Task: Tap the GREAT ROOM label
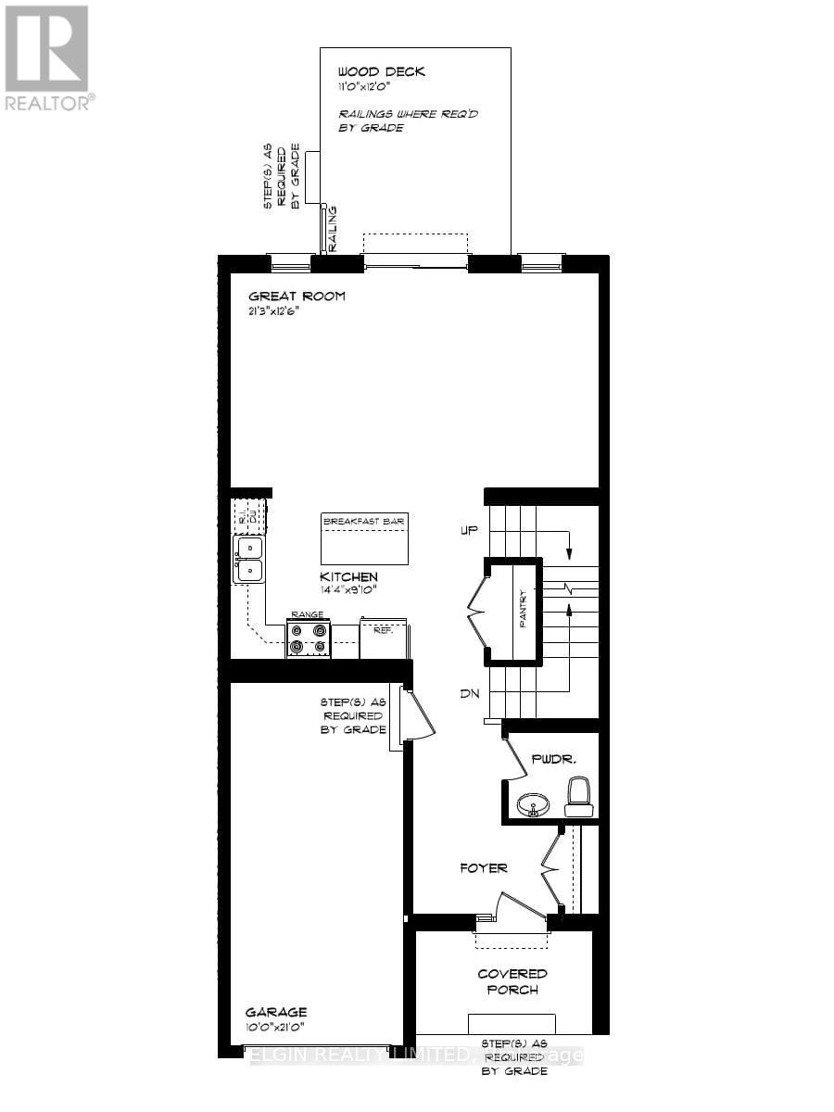pos(297,297)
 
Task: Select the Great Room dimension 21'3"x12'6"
pos(273,311)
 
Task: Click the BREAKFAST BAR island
pos(364,538)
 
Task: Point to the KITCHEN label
pos(349,576)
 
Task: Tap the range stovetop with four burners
pos(308,639)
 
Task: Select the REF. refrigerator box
pos(383,638)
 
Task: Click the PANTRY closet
pos(514,611)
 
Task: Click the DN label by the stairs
pos(468,694)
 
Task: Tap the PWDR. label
pos(554,759)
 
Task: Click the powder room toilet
pos(579,797)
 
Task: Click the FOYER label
pos(484,868)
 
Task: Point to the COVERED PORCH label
pos(512,981)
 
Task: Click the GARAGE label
pos(275,1012)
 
